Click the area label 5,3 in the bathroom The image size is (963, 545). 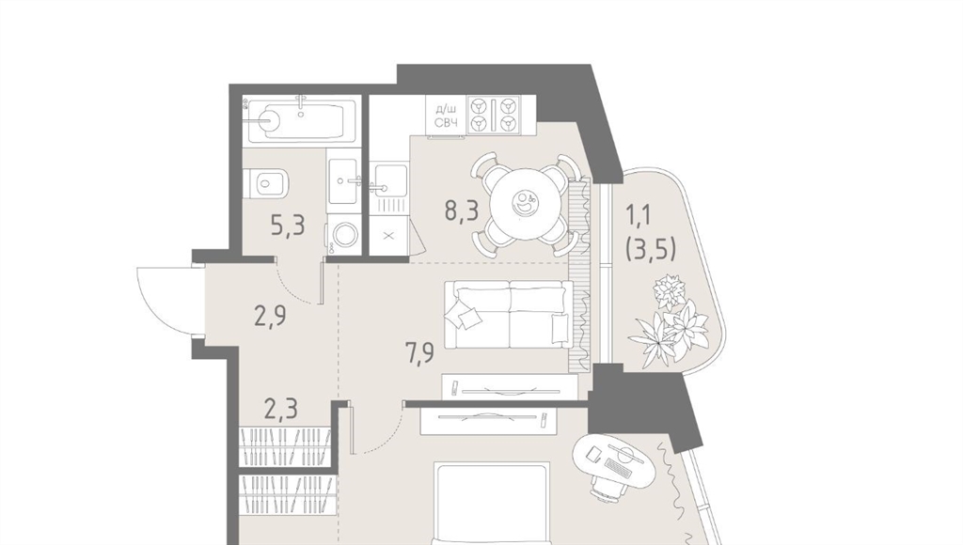click(288, 226)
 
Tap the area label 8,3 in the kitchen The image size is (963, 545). click(462, 210)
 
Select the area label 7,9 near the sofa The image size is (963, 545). click(419, 353)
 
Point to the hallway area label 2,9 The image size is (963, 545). click(270, 316)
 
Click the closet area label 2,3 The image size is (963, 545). click(280, 408)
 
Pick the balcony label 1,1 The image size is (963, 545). click(640, 215)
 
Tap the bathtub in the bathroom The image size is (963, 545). click(300, 120)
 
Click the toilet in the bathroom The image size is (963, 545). click(266, 183)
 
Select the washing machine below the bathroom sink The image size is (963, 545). click(342, 233)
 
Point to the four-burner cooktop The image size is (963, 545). click(493, 115)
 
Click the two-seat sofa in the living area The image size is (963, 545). click(509, 315)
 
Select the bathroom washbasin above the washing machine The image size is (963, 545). click(342, 180)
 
